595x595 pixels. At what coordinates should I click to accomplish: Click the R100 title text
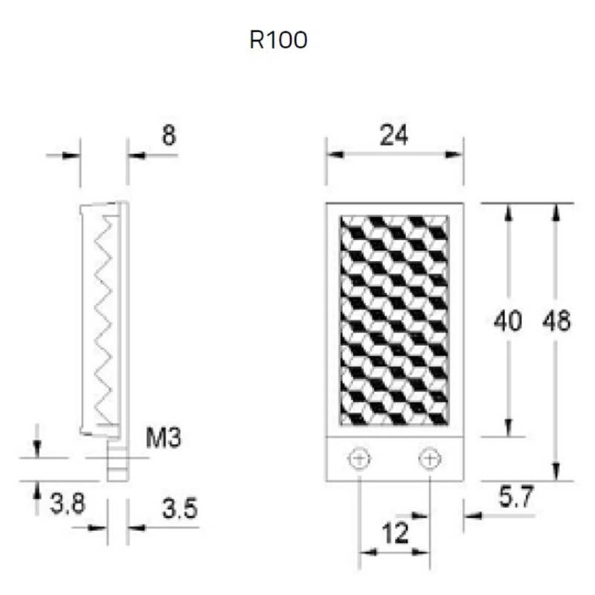tap(278, 40)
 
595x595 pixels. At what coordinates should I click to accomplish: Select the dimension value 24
tap(394, 135)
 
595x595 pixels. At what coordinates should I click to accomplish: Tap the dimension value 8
tap(170, 135)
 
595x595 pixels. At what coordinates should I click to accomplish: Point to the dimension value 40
tap(508, 321)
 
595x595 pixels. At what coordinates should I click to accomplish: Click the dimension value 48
tap(556, 321)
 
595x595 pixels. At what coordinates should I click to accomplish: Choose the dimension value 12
tap(395, 533)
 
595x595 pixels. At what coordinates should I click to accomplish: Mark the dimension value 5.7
tap(516, 497)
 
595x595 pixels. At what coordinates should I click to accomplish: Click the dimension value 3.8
tap(68, 504)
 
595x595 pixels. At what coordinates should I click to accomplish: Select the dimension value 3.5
tap(180, 509)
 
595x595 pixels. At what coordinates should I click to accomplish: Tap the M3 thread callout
tap(164, 437)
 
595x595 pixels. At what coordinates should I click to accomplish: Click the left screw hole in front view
tap(359, 459)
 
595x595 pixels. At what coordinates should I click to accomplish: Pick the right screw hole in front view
tap(430, 459)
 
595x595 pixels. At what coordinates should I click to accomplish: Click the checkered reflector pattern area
tap(394, 321)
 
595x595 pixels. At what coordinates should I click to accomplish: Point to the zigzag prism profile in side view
tap(103, 320)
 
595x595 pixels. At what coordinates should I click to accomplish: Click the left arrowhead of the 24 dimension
tap(335, 155)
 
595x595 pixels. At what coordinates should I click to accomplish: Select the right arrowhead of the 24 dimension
tap(454, 155)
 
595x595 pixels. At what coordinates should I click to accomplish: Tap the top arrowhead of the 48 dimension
tap(556, 212)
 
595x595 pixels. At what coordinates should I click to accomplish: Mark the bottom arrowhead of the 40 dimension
tap(509, 428)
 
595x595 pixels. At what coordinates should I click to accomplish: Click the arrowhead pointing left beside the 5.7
tap(473, 515)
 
